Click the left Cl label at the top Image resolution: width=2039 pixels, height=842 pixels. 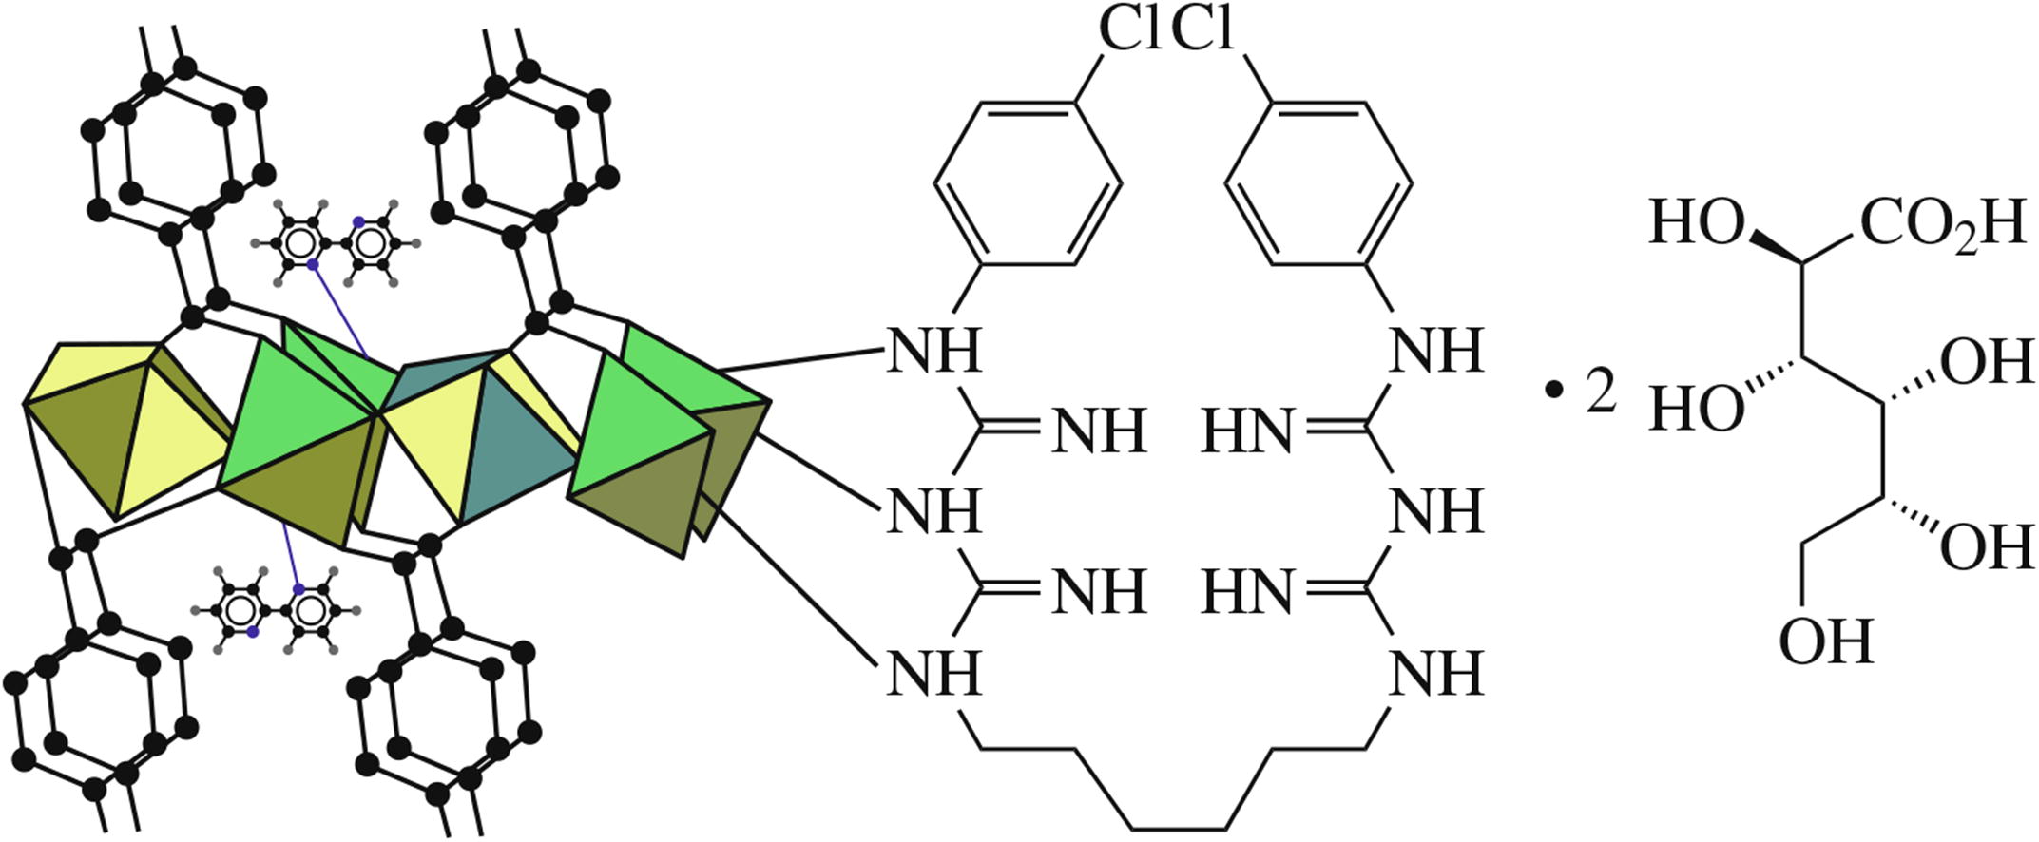(1128, 30)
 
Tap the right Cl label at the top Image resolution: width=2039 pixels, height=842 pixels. (1202, 30)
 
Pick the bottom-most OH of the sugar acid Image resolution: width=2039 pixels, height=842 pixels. (1825, 641)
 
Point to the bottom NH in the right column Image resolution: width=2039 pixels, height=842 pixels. (1435, 674)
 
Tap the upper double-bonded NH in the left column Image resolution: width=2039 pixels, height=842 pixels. (1098, 432)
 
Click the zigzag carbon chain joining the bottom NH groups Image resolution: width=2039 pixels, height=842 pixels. (1175, 789)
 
